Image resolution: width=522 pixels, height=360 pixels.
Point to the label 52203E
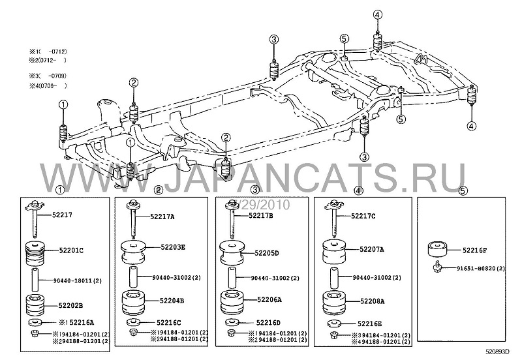pos(170,248)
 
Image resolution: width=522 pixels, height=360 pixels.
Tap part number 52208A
pos(370,302)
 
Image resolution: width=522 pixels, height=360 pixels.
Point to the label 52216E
pos(366,323)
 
